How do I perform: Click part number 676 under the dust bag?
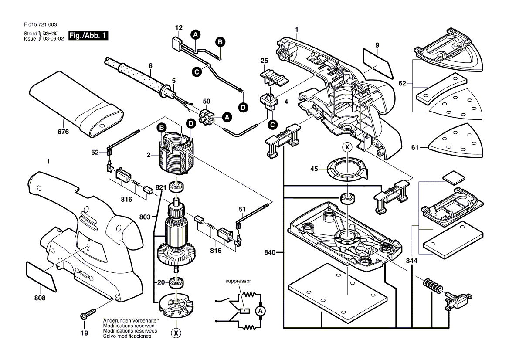(x=64, y=132)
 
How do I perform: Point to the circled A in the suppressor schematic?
(x=260, y=311)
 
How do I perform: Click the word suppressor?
(x=238, y=281)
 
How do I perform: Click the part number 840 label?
(x=270, y=252)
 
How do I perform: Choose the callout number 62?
(x=402, y=83)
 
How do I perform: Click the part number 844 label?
(x=411, y=261)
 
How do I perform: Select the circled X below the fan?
(x=176, y=333)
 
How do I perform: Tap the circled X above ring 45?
(x=347, y=147)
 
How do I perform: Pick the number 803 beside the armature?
(x=145, y=217)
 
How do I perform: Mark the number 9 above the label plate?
(x=377, y=45)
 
